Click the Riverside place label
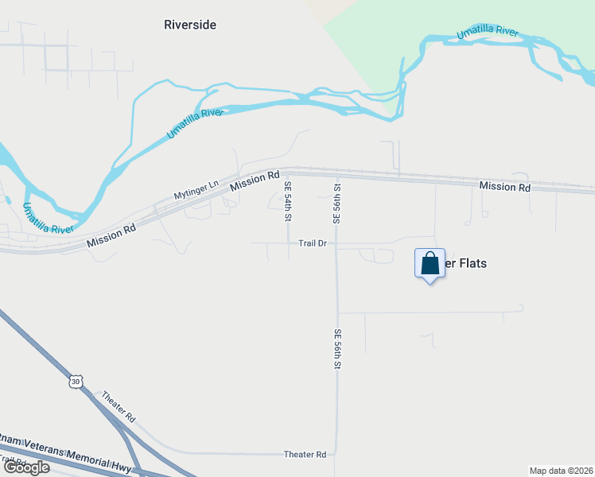point(189,25)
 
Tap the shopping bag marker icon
point(430,263)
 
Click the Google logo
point(26,467)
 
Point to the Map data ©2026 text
point(561,471)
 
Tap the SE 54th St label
point(288,201)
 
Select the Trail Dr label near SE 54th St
point(313,243)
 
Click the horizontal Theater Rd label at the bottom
point(305,455)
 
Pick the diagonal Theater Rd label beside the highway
point(119,406)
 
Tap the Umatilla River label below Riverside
point(193,124)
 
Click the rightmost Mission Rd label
point(504,187)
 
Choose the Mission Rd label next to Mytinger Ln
point(255,180)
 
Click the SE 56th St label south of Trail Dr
point(337,349)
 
